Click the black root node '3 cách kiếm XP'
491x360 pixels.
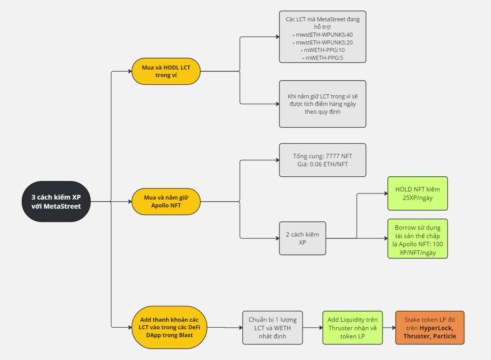click(x=56, y=201)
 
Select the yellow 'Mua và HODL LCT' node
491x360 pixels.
click(x=166, y=71)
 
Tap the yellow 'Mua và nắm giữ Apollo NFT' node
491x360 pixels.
click(x=166, y=201)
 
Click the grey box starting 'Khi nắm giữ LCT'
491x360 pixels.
click(x=322, y=104)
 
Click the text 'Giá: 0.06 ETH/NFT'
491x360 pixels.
click(x=322, y=164)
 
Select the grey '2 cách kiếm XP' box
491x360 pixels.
click(x=302, y=238)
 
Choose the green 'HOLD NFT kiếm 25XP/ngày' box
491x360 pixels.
click(x=417, y=193)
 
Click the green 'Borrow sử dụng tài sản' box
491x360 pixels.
click(x=417, y=239)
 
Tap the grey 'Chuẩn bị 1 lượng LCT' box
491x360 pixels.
click(x=273, y=327)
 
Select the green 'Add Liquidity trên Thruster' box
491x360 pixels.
click(x=352, y=327)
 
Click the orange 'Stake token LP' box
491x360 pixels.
click(x=431, y=327)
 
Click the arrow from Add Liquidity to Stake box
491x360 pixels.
click(x=389, y=327)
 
